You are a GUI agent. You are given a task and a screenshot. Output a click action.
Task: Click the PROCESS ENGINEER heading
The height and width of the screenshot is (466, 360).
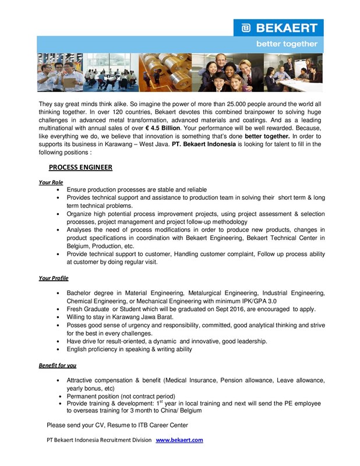[80, 167]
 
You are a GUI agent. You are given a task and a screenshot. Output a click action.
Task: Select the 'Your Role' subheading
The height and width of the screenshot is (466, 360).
[51, 182]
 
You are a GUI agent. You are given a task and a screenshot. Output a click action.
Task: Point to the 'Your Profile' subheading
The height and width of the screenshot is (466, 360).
[54, 278]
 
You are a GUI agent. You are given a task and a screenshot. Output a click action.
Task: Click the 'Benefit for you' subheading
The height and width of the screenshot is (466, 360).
[57, 365]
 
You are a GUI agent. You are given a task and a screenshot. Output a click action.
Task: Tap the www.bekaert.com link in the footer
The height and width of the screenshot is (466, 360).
[179, 440]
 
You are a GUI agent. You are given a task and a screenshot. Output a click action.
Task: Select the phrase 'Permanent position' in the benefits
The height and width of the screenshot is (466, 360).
[95, 396]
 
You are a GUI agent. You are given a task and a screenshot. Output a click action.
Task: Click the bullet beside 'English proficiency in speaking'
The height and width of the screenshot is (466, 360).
[59, 349]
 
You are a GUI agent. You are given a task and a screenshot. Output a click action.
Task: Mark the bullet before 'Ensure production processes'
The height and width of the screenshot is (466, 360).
[59, 190]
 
